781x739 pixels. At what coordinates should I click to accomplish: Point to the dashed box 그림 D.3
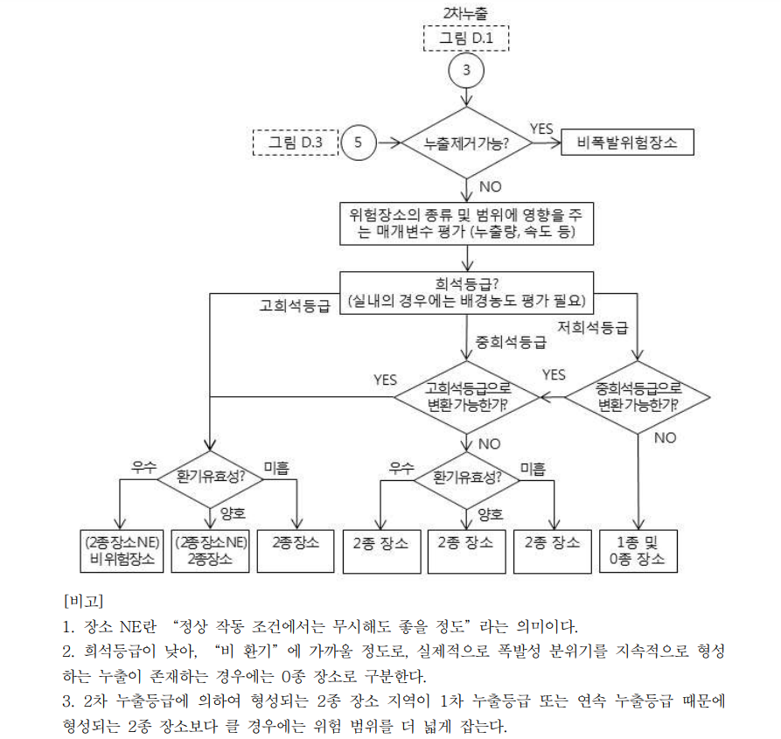click(x=295, y=141)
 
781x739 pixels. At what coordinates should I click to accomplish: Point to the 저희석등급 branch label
click(x=593, y=328)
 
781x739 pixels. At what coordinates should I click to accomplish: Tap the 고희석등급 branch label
click(x=294, y=306)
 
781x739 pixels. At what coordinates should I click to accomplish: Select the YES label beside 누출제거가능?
click(x=541, y=128)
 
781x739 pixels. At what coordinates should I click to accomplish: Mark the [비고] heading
click(x=86, y=601)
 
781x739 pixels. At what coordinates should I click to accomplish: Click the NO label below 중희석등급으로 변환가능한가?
click(x=665, y=437)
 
